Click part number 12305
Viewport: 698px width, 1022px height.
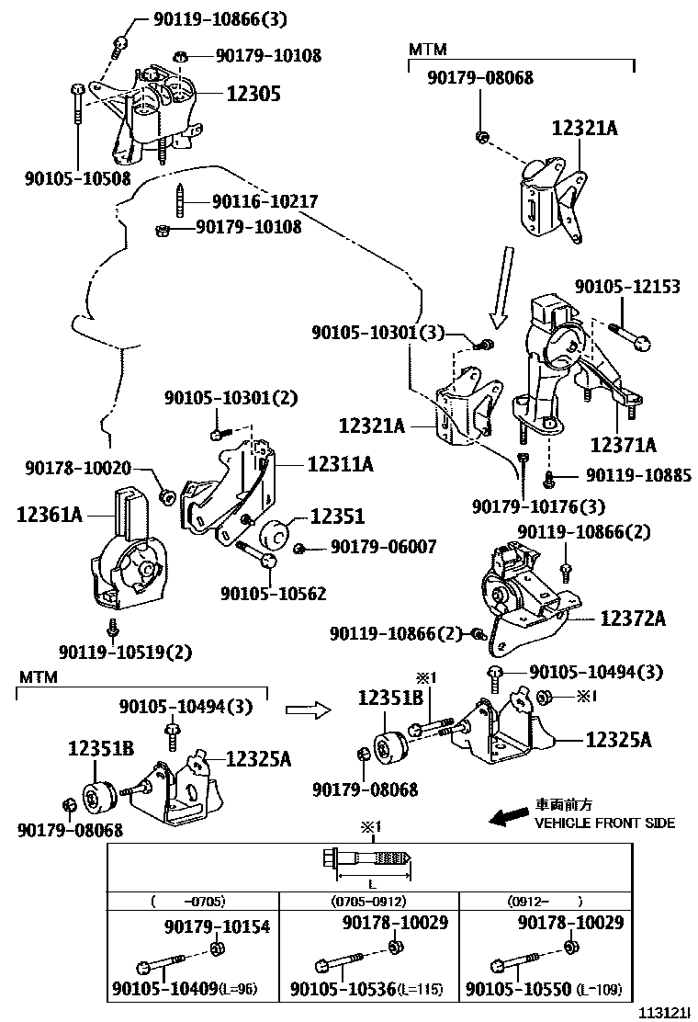[253, 94]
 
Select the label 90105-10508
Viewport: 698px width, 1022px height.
[78, 178]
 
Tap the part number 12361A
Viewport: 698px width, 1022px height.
[50, 515]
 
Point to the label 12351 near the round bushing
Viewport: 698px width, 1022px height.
[337, 517]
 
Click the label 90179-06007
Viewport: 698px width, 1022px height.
[384, 546]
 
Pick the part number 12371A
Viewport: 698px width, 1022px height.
[623, 445]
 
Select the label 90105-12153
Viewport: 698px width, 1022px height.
[627, 286]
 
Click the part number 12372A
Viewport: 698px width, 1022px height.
[633, 618]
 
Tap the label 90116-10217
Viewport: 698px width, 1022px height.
[265, 201]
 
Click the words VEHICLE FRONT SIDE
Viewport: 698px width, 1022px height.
[605, 823]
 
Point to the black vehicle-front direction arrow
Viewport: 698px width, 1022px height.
[509, 814]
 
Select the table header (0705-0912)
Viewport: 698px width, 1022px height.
[368, 902]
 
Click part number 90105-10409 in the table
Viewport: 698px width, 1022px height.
[165, 989]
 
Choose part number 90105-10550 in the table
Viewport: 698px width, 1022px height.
[518, 989]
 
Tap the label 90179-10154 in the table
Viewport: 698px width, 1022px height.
[217, 926]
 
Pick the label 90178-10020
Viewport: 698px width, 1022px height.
[78, 468]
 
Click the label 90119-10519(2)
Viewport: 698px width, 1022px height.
[125, 652]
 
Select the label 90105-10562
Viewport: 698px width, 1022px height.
[274, 593]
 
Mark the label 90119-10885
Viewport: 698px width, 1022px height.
[638, 475]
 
